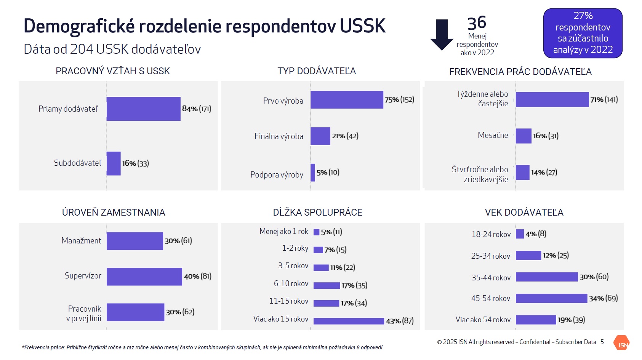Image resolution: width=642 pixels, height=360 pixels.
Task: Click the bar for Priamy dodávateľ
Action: pyautogui.click(x=143, y=109)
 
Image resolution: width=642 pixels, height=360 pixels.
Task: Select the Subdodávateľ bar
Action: pyautogui.click(x=114, y=163)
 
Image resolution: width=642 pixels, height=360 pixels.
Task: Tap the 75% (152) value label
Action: pyautogui.click(x=399, y=100)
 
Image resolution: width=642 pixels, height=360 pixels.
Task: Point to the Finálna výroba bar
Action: pyautogui.click(x=320, y=136)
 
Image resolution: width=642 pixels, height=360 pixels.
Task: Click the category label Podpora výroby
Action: pyautogui.click(x=277, y=175)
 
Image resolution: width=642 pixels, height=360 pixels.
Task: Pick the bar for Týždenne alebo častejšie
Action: pyautogui.click(x=552, y=99)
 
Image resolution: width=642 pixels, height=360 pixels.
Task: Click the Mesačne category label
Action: pyautogui.click(x=493, y=135)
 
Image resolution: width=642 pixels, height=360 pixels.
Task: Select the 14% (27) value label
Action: pyautogui.click(x=544, y=173)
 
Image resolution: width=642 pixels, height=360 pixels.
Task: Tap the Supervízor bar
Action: pyautogui.click(x=144, y=277)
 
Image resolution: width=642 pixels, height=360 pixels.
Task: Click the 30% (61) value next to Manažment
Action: pyautogui.click(x=178, y=241)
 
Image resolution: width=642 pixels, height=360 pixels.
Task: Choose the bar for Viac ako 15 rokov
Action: pyautogui.click(x=349, y=321)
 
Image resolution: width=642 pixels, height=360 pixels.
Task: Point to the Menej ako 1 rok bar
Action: pyautogui.click(x=316, y=232)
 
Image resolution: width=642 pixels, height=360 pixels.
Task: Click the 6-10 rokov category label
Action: pyautogui.click(x=291, y=283)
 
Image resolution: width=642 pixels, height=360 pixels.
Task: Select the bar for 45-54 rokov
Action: pyautogui.click(x=551, y=298)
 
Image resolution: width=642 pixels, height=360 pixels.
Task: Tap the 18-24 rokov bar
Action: pyautogui.click(x=520, y=234)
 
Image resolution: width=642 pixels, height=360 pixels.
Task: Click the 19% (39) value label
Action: pyautogui.click(x=572, y=320)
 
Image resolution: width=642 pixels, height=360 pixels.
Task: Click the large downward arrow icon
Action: pyautogui.click(x=442, y=35)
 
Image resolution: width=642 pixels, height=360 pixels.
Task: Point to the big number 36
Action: pyautogui.click(x=477, y=23)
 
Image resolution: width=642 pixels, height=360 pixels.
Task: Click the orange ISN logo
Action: pyautogui.click(x=621, y=343)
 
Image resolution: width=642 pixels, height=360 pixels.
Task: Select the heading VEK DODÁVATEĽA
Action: pyautogui.click(x=524, y=213)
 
